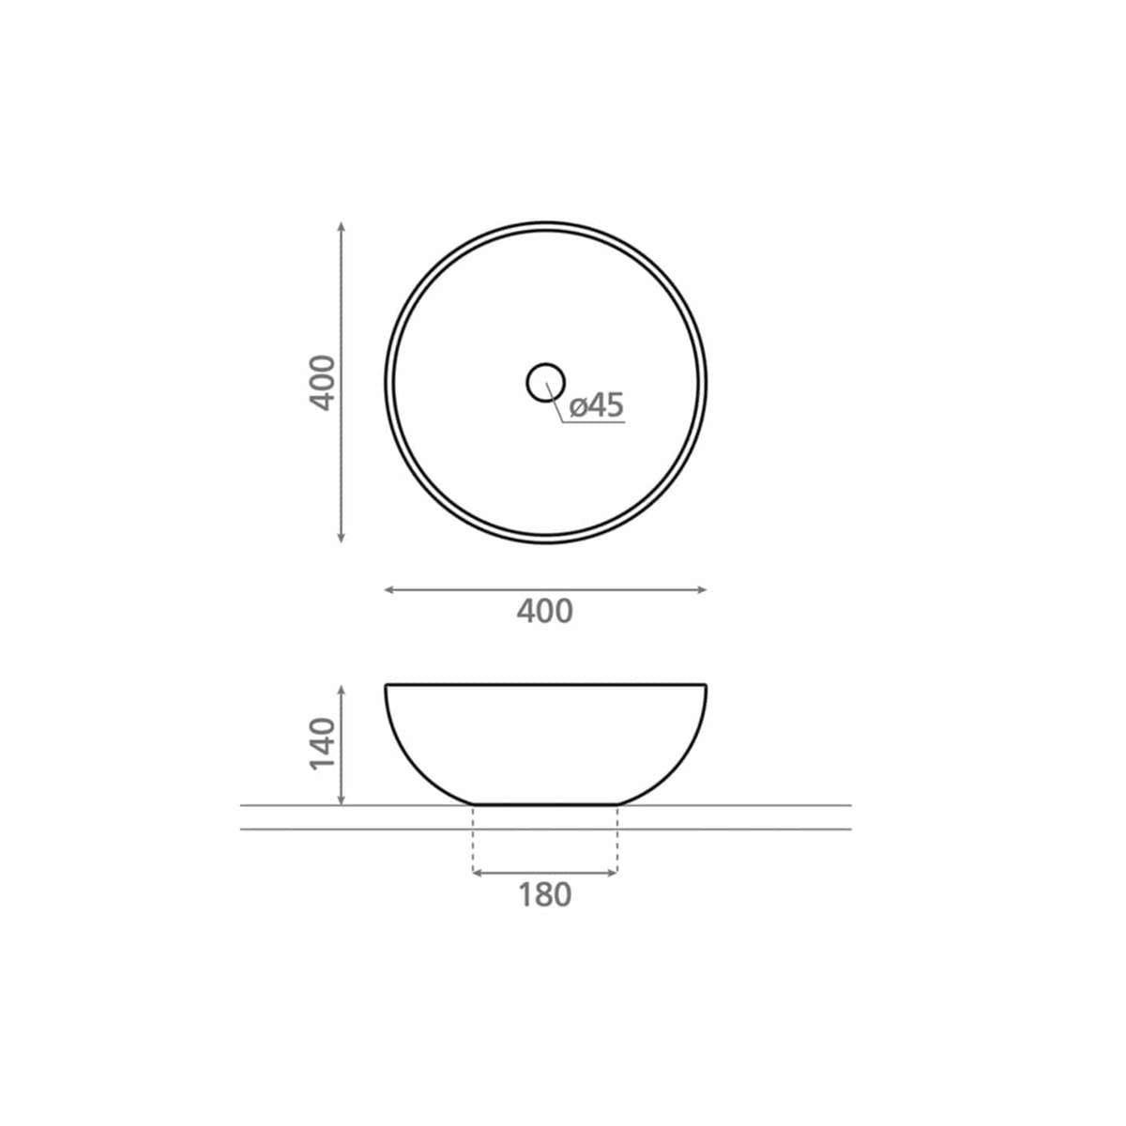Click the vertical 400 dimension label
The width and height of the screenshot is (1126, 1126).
click(323, 383)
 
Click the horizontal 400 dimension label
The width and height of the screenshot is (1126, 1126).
click(544, 612)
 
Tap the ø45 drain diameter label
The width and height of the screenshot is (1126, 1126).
click(597, 405)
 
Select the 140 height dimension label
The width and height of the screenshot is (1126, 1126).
click(323, 744)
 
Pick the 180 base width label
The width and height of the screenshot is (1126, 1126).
click(544, 894)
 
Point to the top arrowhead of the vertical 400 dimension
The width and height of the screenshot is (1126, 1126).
click(342, 227)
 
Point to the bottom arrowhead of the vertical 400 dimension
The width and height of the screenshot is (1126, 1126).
click(342, 538)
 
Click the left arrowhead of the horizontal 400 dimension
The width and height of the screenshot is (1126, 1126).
click(389, 590)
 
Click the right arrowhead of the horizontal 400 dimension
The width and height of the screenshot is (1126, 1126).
click(702, 590)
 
